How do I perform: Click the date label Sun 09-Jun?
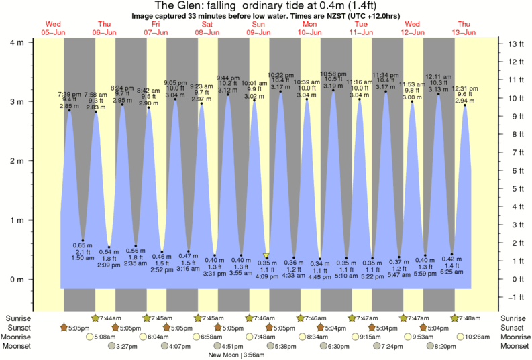pyautogui.click(x=258, y=27)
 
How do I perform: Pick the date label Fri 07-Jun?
pyautogui.click(x=156, y=27)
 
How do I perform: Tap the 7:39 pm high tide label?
pyautogui.click(x=69, y=94)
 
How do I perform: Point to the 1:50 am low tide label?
pyautogui.click(x=83, y=257)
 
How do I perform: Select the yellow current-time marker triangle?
pyautogui.click(x=266, y=255)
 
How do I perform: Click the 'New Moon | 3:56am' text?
pyautogui.click(x=235, y=355)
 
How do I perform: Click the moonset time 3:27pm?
pyautogui.click(x=126, y=346)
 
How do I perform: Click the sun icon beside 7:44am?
pyautogui.click(x=96, y=318)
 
